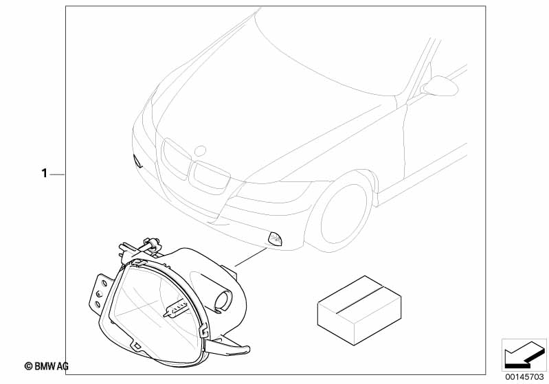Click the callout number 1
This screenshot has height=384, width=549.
44,173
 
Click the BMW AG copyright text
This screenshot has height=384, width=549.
47,366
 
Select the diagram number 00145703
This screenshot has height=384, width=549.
524,377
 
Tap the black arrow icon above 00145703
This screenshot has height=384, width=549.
524,355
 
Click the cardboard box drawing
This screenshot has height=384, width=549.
359,310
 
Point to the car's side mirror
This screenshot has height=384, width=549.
440,86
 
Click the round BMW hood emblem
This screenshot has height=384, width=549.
200,151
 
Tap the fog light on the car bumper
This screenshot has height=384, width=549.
276,239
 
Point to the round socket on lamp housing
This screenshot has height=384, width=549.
223,300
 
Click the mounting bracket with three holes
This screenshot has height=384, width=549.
100,292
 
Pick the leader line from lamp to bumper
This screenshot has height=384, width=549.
251,257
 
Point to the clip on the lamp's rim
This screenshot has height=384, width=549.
203,330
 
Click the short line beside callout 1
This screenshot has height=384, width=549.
57,174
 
